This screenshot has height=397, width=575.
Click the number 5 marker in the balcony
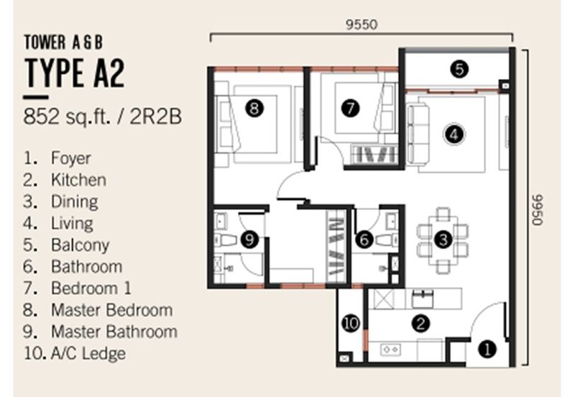(x=459, y=68)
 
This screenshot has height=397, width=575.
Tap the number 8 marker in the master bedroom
(x=254, y=108)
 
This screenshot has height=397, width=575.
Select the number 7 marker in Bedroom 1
(x=350, y=108)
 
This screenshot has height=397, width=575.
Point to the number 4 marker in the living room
(x=454, y=134)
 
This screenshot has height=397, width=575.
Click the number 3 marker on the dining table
(x=443, y=239)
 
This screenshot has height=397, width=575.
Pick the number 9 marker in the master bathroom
(x=249, y=239)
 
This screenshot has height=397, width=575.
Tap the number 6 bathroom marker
(x=364, y=239)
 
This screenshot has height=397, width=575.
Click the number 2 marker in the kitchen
(x=420, y=323)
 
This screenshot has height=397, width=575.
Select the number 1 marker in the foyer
(x=487, y=349)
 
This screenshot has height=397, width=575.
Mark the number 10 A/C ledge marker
(x=351, y=323)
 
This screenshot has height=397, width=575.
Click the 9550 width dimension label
(x=362, y=24)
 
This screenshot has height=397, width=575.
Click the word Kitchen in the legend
(x=79, y=180)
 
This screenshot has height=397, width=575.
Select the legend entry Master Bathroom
(x=114, y=332)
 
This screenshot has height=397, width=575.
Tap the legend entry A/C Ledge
(x=88, y=353)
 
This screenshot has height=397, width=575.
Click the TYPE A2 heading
(x=75, y=73)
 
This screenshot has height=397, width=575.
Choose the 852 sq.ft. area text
(x=68, y=117)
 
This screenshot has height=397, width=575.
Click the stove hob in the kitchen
(x=390, y=350)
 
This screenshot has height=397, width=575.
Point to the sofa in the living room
(x=418, y=134)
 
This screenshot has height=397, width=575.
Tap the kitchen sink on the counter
(x=423, y=298)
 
